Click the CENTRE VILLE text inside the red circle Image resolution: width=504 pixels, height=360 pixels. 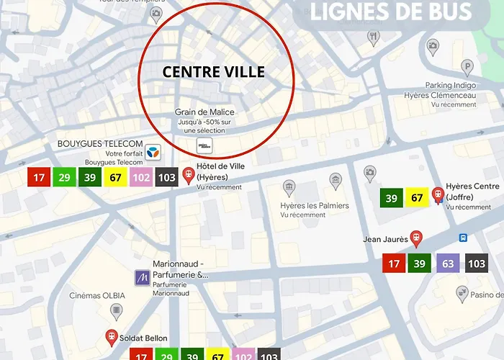point(214,72)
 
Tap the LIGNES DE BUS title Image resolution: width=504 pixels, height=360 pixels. point(391,12)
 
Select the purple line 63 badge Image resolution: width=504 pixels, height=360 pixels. point(448,264)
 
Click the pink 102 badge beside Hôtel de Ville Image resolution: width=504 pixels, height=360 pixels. point(141,177)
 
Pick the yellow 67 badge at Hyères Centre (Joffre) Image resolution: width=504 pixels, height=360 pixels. point(417,198)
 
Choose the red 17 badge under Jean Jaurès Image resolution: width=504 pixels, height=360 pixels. point(394,264)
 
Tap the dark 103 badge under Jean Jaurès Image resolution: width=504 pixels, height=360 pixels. point(477,264)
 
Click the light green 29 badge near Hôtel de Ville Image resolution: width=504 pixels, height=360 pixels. point(65,177)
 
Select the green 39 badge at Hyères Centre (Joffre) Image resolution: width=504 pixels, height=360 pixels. point(392,198)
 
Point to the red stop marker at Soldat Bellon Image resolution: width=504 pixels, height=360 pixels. point(112,336)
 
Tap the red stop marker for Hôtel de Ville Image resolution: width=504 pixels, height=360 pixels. point(189,175)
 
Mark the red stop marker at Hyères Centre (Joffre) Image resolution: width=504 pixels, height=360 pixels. point(437,194)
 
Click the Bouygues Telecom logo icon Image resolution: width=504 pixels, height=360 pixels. point(152,153)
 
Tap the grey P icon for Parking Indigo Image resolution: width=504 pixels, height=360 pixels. point(468,68)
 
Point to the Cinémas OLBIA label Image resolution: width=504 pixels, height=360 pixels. point(97,295)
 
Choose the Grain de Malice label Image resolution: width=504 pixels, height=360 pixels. point(205,112)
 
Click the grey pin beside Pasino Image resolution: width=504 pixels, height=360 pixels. point(463,293)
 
